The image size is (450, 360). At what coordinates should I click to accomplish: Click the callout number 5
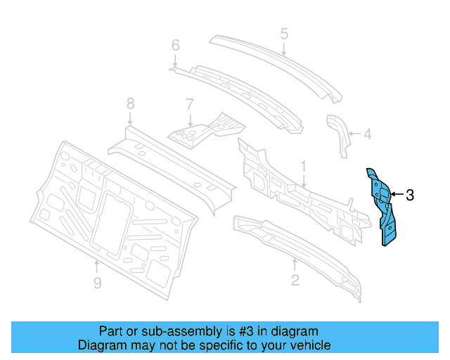284,33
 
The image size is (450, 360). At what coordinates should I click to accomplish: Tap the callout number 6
176,46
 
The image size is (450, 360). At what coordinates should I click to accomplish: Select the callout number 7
189,104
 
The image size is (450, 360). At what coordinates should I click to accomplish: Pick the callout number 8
130,103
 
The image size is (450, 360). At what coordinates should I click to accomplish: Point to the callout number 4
367,132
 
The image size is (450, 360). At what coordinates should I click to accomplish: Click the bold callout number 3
410,195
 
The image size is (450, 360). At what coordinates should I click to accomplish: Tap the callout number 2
295,281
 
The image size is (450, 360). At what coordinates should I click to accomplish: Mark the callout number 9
98,283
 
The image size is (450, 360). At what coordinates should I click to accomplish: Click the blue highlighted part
380,204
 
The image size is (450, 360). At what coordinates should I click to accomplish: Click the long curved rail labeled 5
274,59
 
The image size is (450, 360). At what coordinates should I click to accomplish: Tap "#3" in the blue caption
214,331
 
